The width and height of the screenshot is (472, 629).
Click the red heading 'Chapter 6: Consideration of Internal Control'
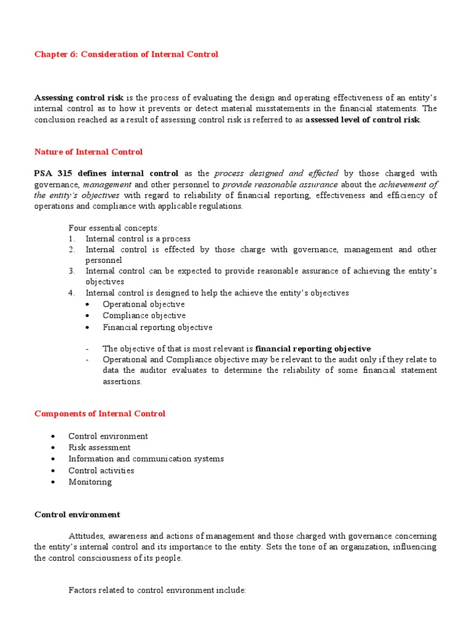(x=126, y=55)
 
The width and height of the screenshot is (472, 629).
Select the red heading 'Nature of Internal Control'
(x=88, y=152)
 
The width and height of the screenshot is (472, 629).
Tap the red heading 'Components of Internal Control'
(x=100, y=413)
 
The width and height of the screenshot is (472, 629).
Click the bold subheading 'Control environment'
(x=77, y=515)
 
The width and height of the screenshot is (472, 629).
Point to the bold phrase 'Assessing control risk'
(x=79, y=98)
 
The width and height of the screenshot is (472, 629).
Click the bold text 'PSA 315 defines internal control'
(x=106, y=174)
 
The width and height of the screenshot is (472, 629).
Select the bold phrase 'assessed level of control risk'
(x=363, y=120)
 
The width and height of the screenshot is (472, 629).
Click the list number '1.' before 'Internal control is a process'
(x=72, y=239)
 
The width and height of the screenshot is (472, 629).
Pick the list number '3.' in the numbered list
(x=72, y=271)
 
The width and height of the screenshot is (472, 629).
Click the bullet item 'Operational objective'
(x=143, y=304)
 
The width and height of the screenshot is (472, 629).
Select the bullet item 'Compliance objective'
(x=144, y=316)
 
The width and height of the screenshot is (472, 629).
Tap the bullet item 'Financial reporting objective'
(x=157, y=327)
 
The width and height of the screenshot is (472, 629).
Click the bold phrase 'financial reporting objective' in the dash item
(x=313, y=348)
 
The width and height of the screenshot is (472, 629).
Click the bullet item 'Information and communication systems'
(x=146, y=459)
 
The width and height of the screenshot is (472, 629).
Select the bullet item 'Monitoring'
(x=90, y=482)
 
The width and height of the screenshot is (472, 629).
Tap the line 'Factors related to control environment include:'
(x=157, y=590)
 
